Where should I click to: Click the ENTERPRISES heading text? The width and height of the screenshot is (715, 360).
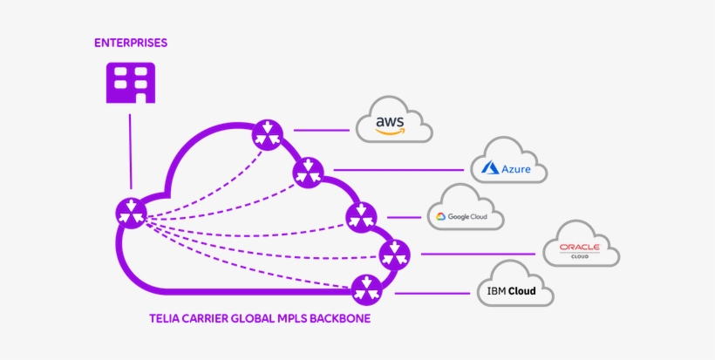point(131,42)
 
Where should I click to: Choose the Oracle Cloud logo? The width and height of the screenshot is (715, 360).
point(581,251)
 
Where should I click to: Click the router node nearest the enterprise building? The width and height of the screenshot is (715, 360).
point(132,212)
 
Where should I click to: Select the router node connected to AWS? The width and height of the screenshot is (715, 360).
point(268,135)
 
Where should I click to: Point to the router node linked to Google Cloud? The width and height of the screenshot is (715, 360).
point(361,216)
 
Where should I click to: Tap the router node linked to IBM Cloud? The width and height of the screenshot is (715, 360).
point(365,289)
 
